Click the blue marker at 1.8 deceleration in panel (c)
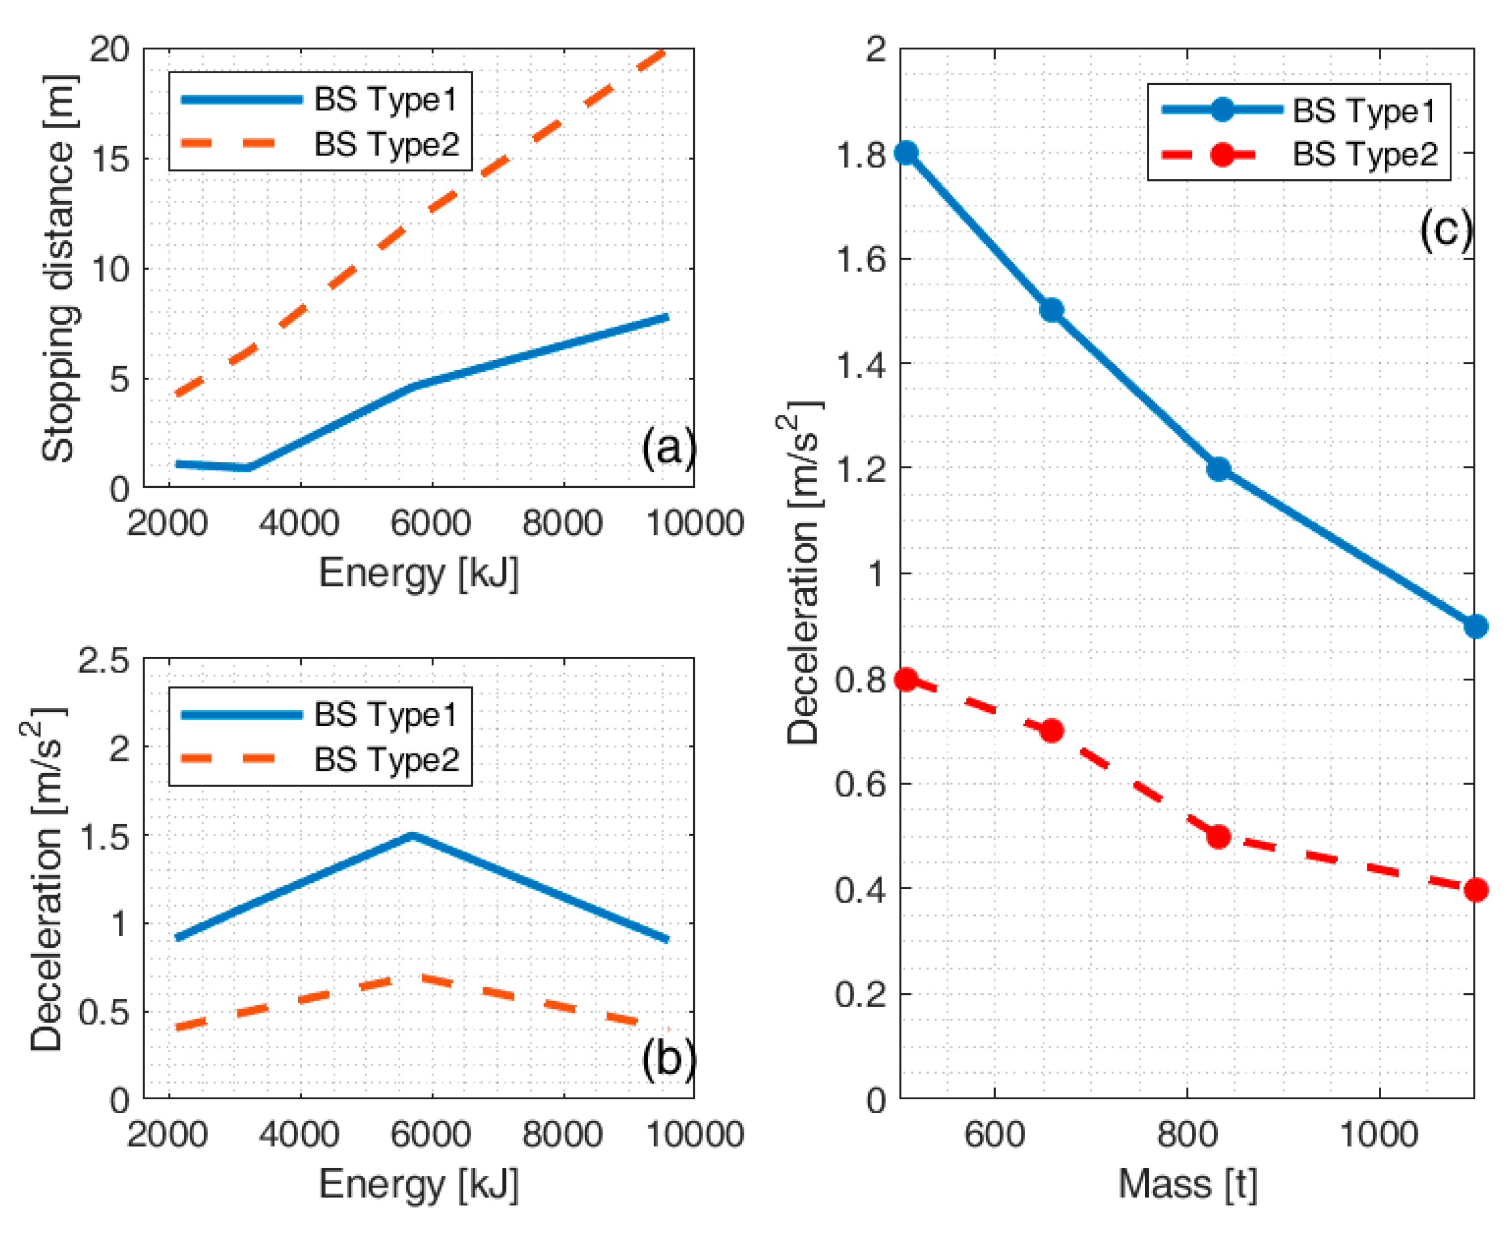click(905, 153)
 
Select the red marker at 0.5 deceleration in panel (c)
click(1218, 837)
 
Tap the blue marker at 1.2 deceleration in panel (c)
click(1218, 469)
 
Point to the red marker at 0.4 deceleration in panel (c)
click(1475, 890)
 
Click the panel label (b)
click(668, 1059)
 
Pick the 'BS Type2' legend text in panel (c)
click(1365, 154)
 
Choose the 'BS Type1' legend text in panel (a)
click(386, 99)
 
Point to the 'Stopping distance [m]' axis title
click(58, 269)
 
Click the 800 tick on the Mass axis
click(1187, 1134)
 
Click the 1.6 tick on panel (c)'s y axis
click(861, 259)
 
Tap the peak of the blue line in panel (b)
click(412, 835)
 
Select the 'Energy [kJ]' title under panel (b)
click(419, 1183)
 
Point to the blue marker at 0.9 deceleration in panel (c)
click(1475, 626)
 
